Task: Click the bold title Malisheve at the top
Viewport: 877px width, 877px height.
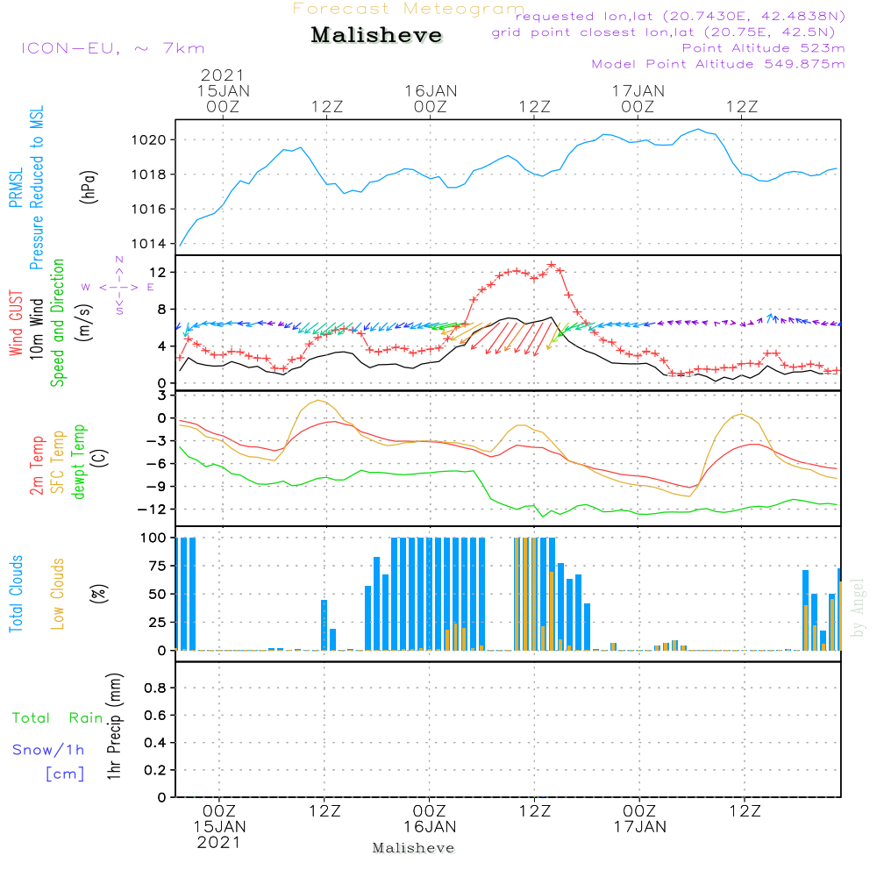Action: pyautogui.click(x=377, y=36)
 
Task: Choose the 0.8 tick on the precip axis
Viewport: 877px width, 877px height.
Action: pyautogui.click(x=155, y=688)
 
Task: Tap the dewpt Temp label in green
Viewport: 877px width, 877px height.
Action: pyautogui.click(x=79, y=462)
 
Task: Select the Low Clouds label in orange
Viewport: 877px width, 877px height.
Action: pyautogui.click(x=58, y=594)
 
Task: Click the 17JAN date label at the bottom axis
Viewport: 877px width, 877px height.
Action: pyautogui.click(x=639, y=827)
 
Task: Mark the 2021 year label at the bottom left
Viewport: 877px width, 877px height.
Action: pyautogui.click(x=218, y=843)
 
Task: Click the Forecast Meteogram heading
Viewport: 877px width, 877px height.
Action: pyautogui.click(x=409, y=9)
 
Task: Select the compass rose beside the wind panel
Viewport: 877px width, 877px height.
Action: pyautogui.click(x=118, y=287)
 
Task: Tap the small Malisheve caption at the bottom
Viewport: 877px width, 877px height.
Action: pyautogui.click(x=413, y=848)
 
